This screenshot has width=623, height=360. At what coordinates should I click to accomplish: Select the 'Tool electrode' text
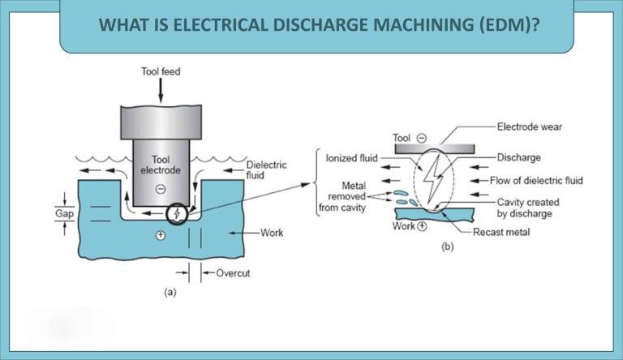157,165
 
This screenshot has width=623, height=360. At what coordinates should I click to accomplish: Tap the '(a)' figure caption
169,293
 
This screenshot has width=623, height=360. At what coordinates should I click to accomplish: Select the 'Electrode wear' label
529,127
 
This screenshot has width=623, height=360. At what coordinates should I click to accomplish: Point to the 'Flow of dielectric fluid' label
536,180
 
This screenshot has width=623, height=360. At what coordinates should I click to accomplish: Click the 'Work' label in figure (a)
272,233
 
